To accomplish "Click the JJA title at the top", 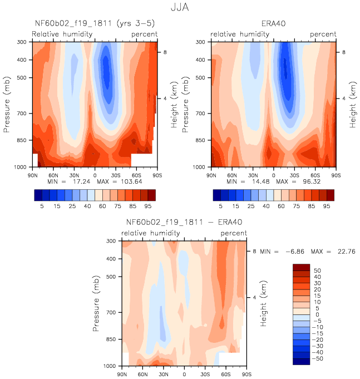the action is [x=180, y=7].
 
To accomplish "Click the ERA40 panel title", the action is [x=274, y=24].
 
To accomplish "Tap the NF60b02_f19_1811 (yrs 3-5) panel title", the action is [x=95, y=23].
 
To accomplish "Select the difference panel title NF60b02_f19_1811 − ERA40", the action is [x=184, y=223].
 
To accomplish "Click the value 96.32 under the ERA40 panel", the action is [x=312, y=182].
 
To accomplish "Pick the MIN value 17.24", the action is [x=81, y=182].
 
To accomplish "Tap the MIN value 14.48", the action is [x=261, y=182].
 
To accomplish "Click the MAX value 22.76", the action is [x=347, y=252].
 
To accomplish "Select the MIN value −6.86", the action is [x=295, y=252].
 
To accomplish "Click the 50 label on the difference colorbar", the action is [x=317, y=270].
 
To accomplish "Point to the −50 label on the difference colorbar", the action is [x=318, y=358].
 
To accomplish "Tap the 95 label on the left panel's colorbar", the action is [x=148, y=206].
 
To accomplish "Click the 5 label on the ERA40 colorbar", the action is [x=220, y=206].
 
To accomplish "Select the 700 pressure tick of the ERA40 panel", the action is [x=200, y=114].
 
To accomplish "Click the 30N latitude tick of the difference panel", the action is [x=164, y=375].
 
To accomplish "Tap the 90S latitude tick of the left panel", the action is [x=157, y=175].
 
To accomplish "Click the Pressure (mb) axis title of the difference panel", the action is [x=96, y=303].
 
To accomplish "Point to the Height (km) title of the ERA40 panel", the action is [x=353, y=105].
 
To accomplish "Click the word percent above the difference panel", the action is [x=234, y=233].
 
